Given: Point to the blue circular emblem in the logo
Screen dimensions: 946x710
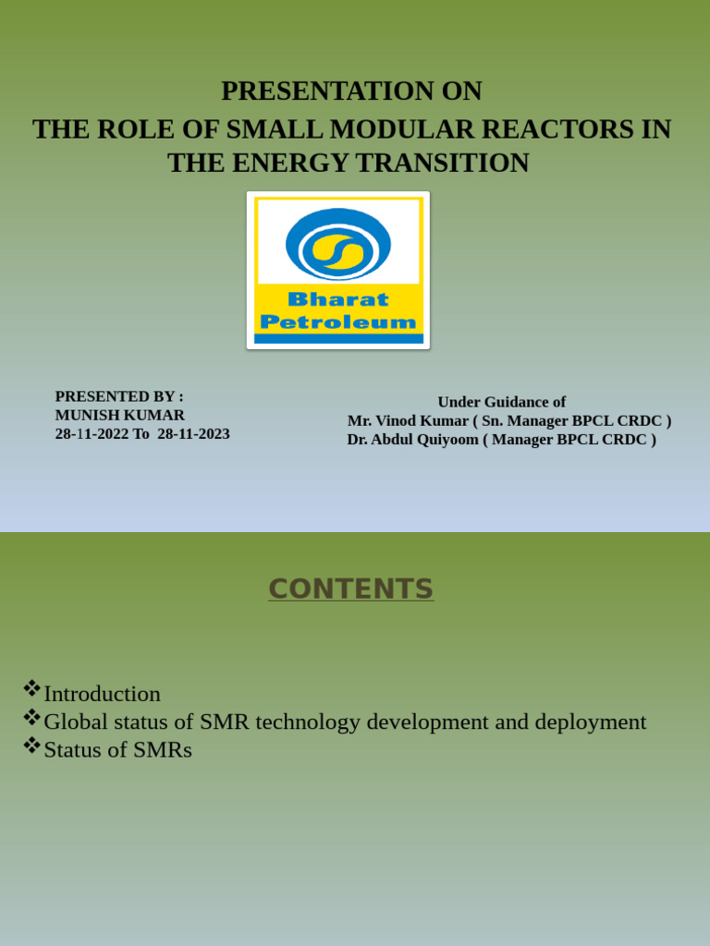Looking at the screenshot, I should pos(338,244).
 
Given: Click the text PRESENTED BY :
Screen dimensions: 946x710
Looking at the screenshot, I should pos(119,396).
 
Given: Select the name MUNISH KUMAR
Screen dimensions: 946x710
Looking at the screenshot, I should pos(120,415).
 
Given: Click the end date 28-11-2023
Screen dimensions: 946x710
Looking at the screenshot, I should pos(193,433).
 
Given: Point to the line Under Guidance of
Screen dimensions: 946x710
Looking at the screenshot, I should pos(501,402).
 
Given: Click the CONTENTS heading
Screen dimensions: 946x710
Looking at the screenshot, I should pos(350,588).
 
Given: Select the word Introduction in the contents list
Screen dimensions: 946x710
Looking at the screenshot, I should pos(102,694).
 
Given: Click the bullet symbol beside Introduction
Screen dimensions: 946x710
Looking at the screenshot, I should pos(31,688).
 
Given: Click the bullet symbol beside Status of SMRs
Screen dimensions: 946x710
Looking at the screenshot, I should pos(31,744).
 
